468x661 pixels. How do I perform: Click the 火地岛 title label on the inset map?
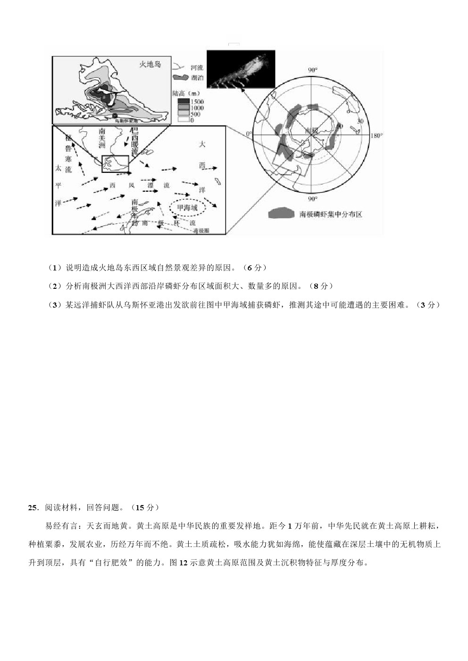tap(150, 64)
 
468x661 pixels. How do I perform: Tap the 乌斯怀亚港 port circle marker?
tap(115, 115)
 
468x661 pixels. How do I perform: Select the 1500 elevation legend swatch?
tap(183, 102)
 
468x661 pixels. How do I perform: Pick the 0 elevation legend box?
tap(183, 120)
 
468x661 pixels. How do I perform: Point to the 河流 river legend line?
tap(179, 68)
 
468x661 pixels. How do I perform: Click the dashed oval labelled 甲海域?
tap(187, 207)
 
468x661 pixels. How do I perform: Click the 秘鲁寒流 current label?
tap(68, 153)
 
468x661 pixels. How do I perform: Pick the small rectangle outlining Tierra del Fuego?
tap(115, 163)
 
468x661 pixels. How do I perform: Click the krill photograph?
tap(241, 69)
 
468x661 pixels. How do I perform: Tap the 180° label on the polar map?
tap(376, 136)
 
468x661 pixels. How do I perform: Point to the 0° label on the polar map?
tap(249, 134)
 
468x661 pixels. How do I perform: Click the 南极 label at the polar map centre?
tap(311, 130)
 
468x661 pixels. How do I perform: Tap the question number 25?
tap(33, 507)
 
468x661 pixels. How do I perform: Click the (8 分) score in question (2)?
tap(323, 286)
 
